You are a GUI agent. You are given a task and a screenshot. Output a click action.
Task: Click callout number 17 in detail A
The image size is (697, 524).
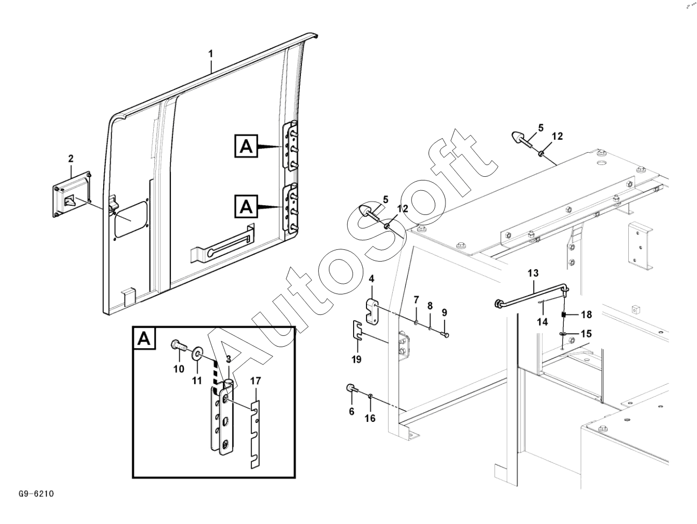pos(256,381)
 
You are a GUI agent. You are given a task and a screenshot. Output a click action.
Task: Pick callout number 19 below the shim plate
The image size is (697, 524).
pos(356,360)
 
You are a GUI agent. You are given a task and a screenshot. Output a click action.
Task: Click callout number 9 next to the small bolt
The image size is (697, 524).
pos(444,312)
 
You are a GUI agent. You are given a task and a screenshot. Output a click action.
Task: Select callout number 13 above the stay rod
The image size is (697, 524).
pos(533,273)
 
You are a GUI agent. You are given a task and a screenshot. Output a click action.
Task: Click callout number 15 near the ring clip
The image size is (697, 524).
pos(586,334)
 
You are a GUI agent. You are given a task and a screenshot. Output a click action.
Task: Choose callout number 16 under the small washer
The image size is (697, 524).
pos(370,419)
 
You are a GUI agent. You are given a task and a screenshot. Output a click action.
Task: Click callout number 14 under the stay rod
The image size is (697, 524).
pos(542,321)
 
